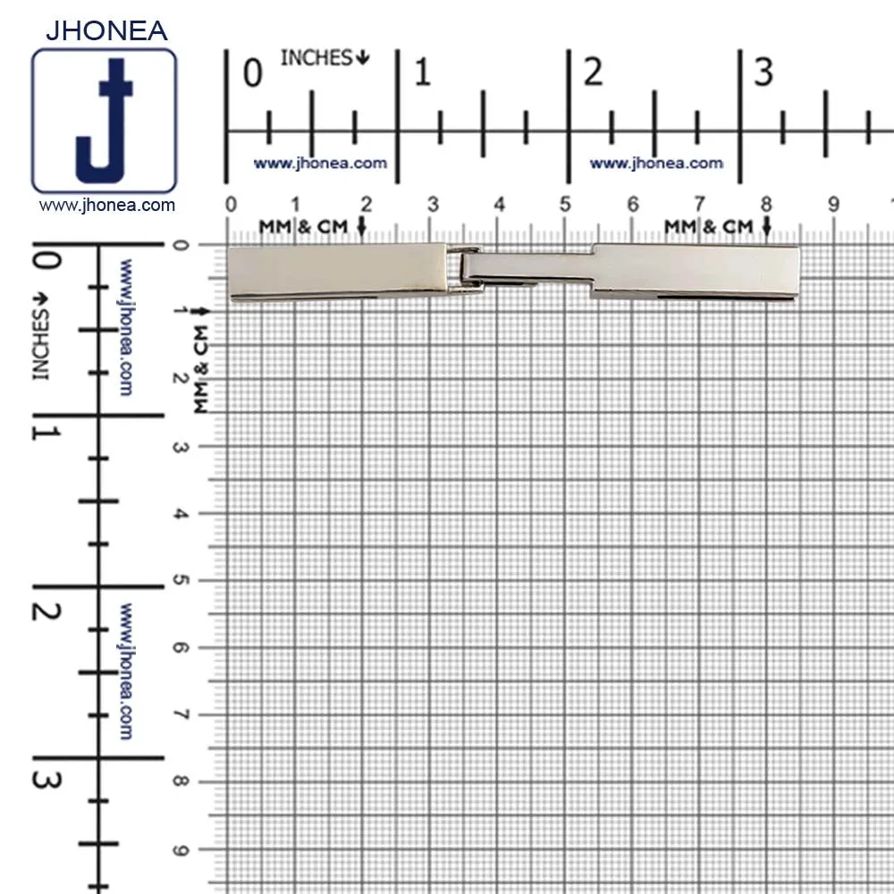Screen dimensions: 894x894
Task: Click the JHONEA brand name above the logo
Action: point(106,30)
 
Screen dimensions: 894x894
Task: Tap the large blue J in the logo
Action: point(105,121)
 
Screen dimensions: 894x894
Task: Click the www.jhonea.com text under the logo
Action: point(106,206)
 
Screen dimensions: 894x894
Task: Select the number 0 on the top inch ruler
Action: point(253,73)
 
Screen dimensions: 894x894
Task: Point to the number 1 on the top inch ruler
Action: point(422,72)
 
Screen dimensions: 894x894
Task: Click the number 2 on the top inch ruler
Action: point(593,72)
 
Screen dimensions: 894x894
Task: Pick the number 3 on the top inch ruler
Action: point(763,72)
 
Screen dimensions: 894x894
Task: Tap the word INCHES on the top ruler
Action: point(316,57)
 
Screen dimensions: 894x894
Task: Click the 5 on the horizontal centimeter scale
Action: point(564,204)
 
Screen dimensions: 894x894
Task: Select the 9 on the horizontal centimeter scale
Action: point(833,204)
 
